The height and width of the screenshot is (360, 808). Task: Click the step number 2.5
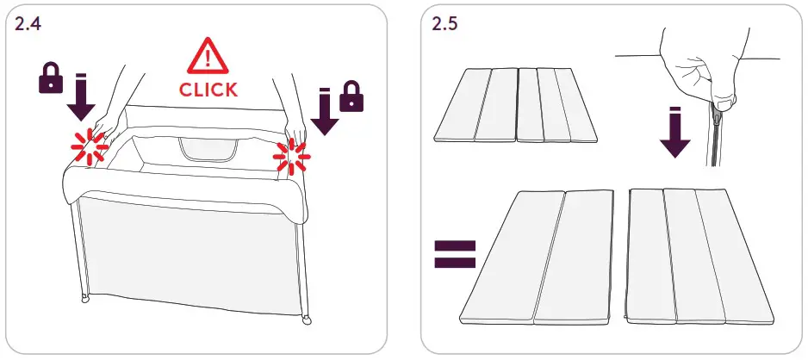(x=444, y=23)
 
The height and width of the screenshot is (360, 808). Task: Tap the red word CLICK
(x=208, y=89)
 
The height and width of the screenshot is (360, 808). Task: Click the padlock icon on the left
(x=51, y=80)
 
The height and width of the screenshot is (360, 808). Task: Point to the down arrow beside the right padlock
(x=325, y=112)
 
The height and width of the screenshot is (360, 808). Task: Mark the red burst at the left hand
(x=90, y=146)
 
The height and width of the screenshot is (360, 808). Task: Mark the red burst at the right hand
(x=292, y=158)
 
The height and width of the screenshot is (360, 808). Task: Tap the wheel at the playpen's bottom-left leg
(x=84, y=299)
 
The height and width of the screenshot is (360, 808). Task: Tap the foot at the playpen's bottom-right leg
(x=307, y=322)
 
